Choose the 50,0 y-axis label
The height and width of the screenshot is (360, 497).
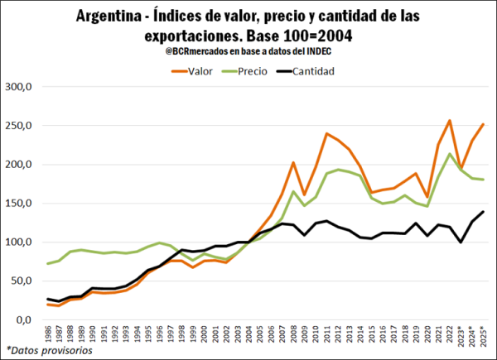pos(21,281)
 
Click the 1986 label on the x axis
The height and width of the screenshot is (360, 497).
pos(49,334)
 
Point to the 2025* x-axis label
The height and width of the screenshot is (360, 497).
pos(483,334)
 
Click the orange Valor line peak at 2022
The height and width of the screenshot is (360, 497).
pos(449,121)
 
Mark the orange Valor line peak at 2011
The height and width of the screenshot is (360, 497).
pos(327,133)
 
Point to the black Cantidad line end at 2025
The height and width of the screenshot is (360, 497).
pos(483,212)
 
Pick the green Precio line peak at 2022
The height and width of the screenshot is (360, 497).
pos(449,154)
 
